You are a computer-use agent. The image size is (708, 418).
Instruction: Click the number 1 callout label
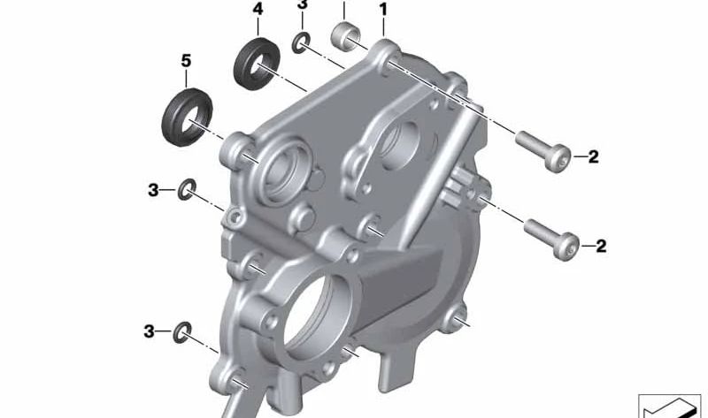(x=383, y=10)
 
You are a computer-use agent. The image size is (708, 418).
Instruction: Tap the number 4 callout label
(x=258, y=10)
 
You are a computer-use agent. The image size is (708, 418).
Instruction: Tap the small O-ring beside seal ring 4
(x=302, y=42)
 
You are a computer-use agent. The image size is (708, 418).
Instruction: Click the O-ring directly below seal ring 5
(x=188, y=189)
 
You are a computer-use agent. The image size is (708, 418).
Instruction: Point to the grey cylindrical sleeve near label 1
(x=345, y=37)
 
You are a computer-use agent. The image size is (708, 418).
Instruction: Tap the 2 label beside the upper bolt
(x=593, y=158)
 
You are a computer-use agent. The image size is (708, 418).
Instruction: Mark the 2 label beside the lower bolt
(x=602, y=246)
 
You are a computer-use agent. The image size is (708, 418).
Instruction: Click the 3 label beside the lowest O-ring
(x=150, y=331)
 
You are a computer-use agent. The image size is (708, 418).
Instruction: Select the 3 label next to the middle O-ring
(x=153, y=189)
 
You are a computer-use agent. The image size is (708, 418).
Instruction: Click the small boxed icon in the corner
(x=669, y=405)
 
